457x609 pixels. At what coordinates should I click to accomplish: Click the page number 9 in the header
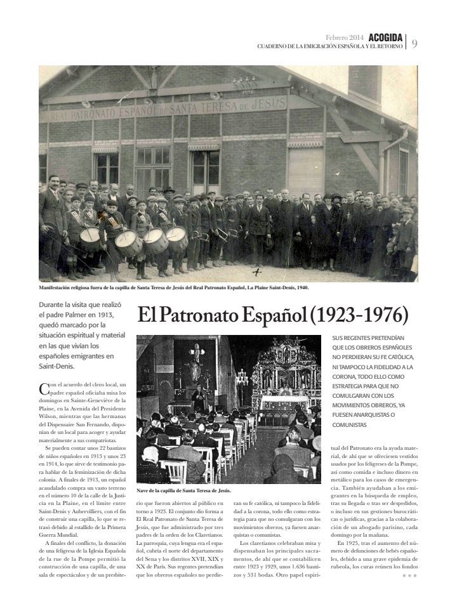[x=414, y=43]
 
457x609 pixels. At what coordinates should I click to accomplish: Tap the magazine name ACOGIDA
[x=384, y=38]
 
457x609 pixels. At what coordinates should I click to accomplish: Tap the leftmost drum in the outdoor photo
[x=90, y=235]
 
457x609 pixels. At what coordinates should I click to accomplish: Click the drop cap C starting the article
[x=43, y=388]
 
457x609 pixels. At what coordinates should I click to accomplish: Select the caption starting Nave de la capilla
[x=183, y=490]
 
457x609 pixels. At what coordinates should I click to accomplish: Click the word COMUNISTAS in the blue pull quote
[x=349, y=424]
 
